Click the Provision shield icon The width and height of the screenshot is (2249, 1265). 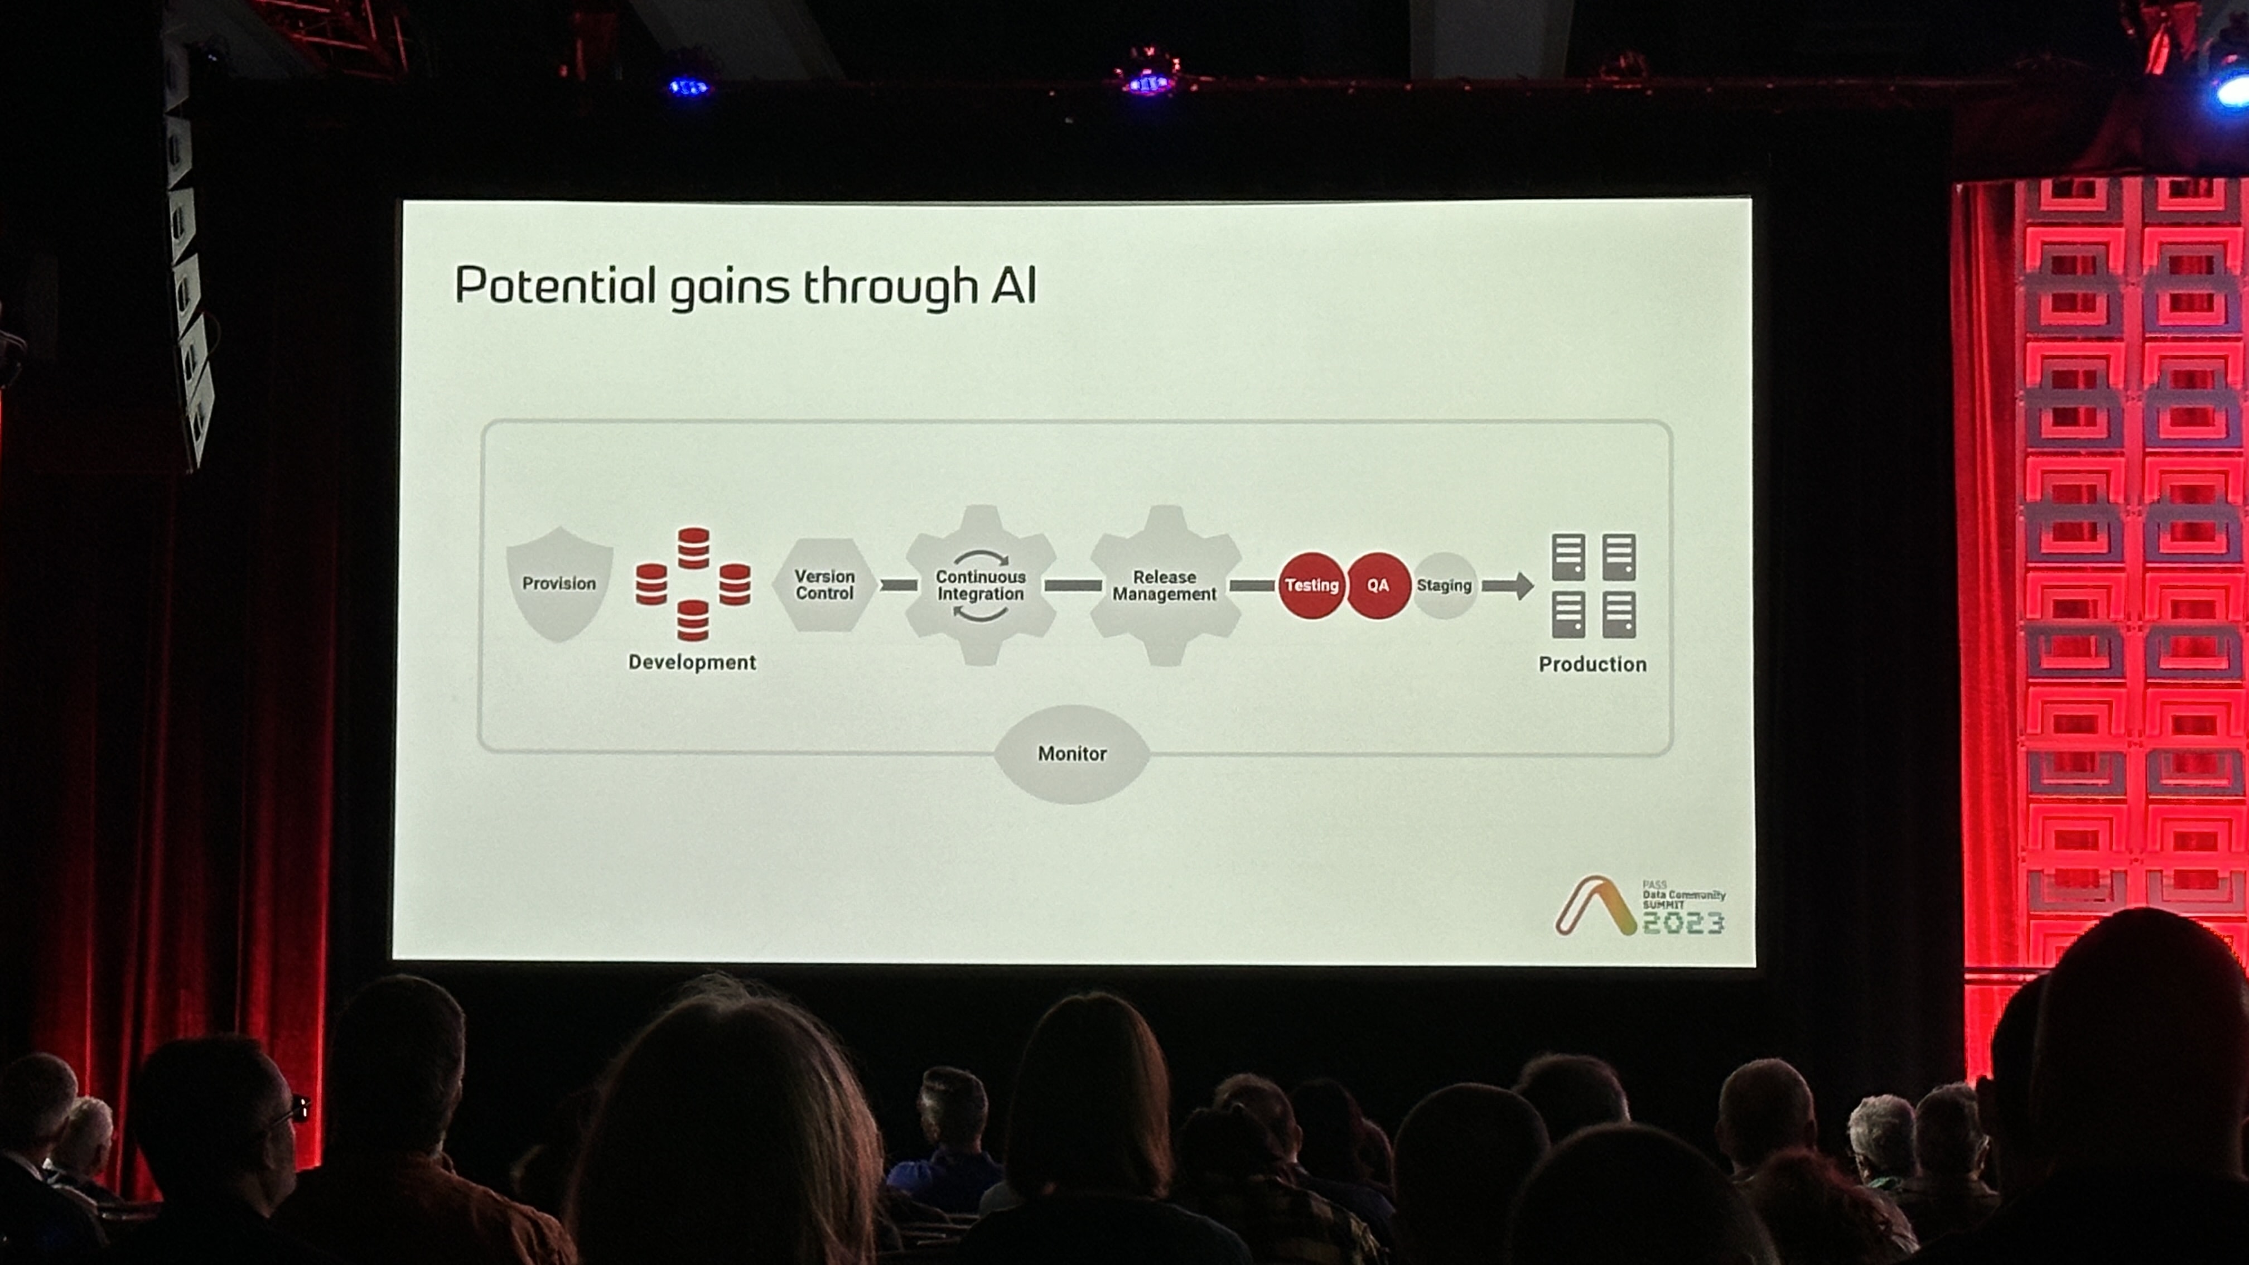coord(559,584)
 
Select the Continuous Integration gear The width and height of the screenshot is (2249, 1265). coord(981,585)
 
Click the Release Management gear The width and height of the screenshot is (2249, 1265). coord(1165,585)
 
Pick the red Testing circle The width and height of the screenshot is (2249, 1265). coord(1311,585)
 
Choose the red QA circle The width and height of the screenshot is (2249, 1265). coord(1378,585)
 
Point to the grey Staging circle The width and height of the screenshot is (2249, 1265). coord(1444,585)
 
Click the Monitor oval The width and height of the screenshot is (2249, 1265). coord(1072,754)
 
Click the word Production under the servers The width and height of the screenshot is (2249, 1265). coord(1592,664)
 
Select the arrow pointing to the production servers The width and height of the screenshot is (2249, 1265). coord(1508,585)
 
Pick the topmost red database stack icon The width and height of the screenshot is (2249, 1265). coord(693,547)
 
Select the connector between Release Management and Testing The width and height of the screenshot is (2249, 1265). coord(1252,585)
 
